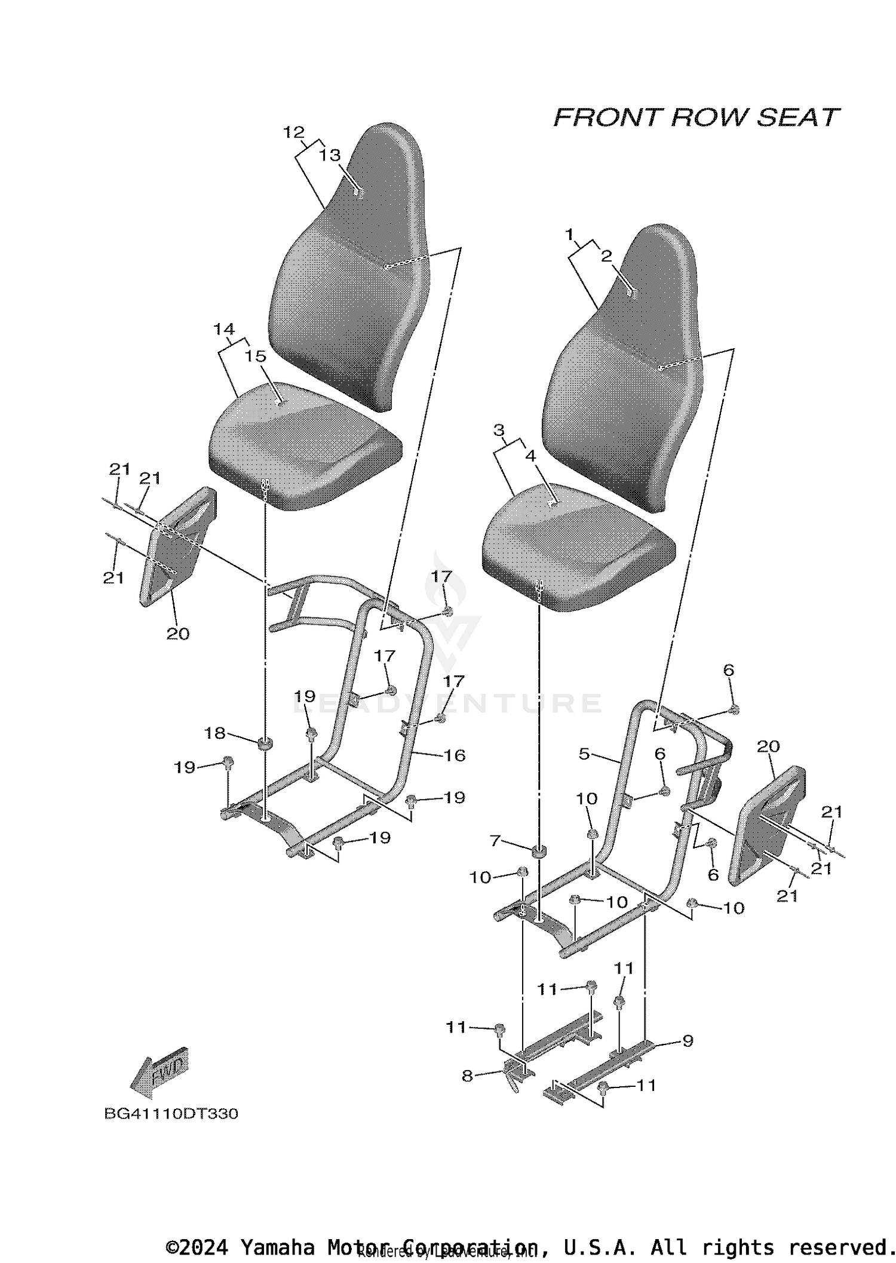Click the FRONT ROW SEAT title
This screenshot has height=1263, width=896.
(696, 118)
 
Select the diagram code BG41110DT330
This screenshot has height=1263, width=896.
(171, 1114)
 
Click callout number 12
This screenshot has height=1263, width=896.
(294, 133)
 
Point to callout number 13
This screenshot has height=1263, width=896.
(330, 155)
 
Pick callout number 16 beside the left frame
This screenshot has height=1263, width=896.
(455, 755)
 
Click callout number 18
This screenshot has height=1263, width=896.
(215, 733)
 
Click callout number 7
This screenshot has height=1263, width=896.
(495, 841)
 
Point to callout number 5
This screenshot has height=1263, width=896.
(584, 754)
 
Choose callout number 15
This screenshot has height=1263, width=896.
(256, 356)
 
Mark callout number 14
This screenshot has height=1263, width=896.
(224, 329)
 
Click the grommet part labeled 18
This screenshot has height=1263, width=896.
(265, 744)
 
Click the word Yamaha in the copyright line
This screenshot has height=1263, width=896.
(277, 1247)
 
